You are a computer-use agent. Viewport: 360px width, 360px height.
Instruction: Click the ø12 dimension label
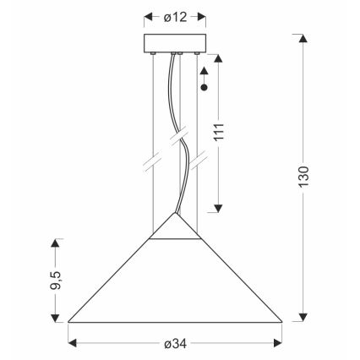pos(175,16)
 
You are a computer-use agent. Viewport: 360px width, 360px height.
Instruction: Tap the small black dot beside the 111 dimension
pos(203,86)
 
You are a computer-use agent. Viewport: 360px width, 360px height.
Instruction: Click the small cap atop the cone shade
pos(175,226)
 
